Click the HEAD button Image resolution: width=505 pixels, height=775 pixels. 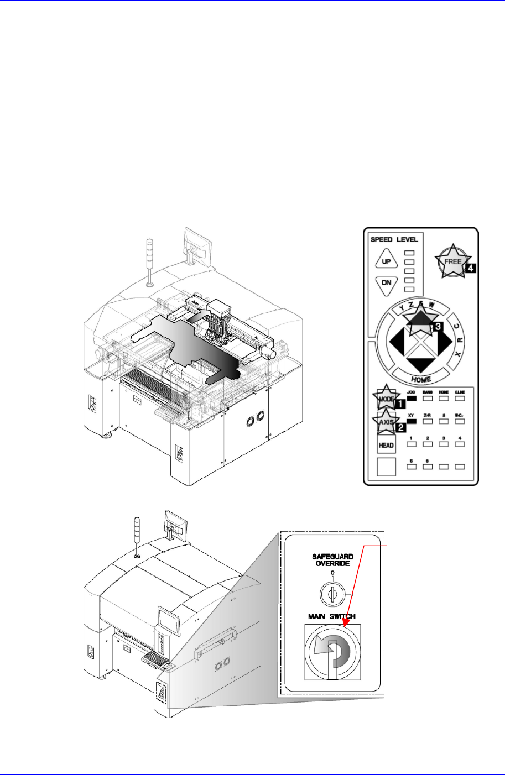point(386,445)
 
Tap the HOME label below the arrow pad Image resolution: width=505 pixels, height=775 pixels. point(421,380)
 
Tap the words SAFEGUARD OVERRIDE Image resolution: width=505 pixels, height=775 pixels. point(332,560)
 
